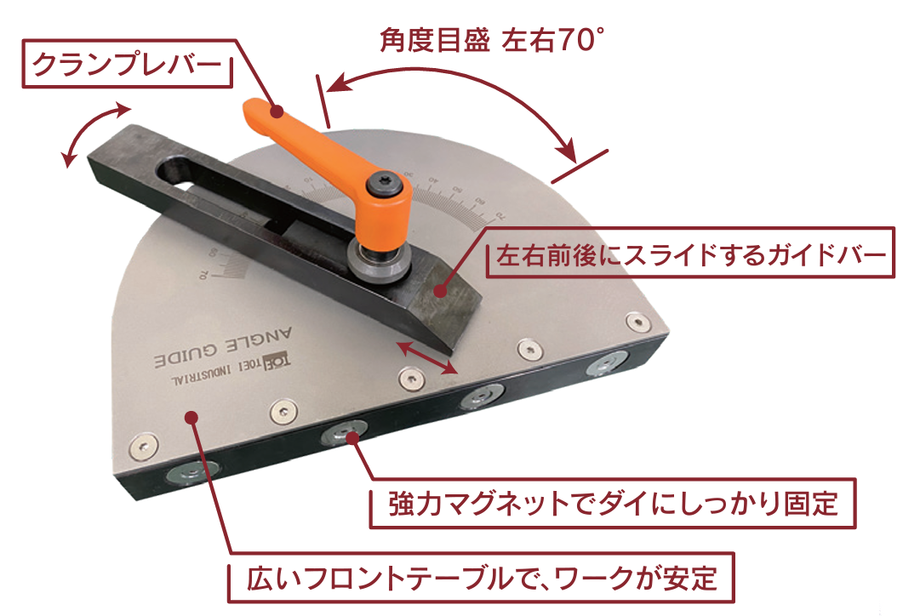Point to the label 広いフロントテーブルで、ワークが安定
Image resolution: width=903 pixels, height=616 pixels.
pyautogui.click(x=481, y=579)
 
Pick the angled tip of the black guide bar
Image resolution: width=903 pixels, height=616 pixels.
pyautogui.click(x=451, y=307)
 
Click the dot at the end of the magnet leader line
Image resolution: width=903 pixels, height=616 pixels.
pyautogui.click(x=353, y=436)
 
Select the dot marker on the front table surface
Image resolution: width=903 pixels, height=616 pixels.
pyautogui.click(x=191, y=418)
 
